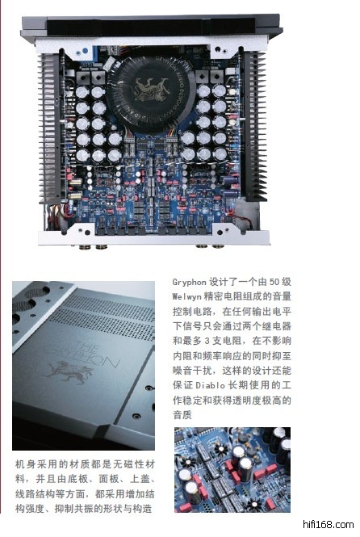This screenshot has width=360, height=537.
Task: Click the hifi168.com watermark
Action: tap(329, 524)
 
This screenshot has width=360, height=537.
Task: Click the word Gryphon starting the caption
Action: tap(189, 283)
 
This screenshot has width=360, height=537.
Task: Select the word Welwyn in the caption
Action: tap(186, 296)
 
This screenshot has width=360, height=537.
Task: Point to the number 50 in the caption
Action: tap(274, 282)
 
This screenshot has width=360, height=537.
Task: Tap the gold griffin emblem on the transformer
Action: tap(153, 89)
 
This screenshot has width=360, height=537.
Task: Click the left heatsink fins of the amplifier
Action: tap(51, 127)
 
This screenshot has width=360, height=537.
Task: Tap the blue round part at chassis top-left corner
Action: tap(85, 52)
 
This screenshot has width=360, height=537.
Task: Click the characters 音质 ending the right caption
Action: tap(182, 415)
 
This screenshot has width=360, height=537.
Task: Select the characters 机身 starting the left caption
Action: tap(25, 464)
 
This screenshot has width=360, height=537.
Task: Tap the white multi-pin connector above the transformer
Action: tap(111, 63)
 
